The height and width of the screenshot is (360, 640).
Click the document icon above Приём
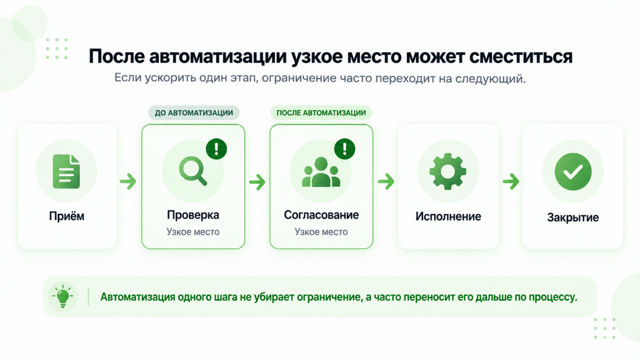click(66, 171)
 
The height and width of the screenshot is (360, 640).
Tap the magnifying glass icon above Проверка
click(192, 171)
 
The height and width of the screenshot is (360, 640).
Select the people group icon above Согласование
click(321, 172)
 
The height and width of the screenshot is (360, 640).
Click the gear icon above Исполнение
click(447, 171)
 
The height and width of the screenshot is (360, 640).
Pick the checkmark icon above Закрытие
click(573, 171)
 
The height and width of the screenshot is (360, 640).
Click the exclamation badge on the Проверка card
click(216, 149)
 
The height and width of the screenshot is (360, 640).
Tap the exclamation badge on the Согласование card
click(344, 149)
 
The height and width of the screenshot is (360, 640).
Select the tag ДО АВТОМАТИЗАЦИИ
click(193, 113)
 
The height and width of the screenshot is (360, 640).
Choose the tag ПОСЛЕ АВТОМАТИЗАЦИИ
click(321, 113)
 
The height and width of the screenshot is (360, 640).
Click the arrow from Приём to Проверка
click(128, 181)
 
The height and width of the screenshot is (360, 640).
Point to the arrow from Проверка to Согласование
click(257, 181)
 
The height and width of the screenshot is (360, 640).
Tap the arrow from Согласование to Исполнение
click(386, 181)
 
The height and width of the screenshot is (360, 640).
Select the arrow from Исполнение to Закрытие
click(511, 181)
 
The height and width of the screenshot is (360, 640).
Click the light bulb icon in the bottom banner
click(63, 296)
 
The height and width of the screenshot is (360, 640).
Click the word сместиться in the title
click(521, 56)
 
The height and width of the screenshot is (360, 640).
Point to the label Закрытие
click(573, 217)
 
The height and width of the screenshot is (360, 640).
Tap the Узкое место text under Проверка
click(193, 231)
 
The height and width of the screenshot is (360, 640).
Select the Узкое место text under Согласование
click(321, 231)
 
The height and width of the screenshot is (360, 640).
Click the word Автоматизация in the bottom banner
click(137, 297)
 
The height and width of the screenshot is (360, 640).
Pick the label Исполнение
click(448, 216)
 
